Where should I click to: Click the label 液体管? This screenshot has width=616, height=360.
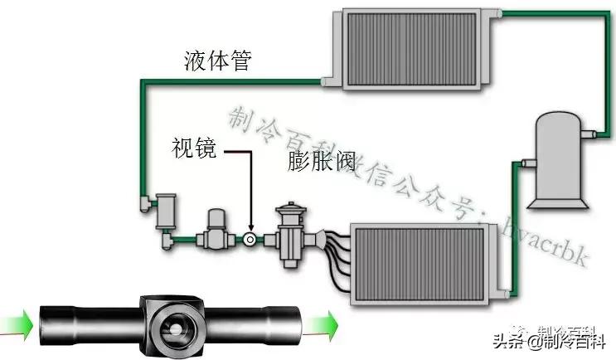(217, 61)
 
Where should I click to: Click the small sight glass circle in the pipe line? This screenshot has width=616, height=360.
(250, 240)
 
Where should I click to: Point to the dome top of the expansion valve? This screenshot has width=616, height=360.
(290, 206)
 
